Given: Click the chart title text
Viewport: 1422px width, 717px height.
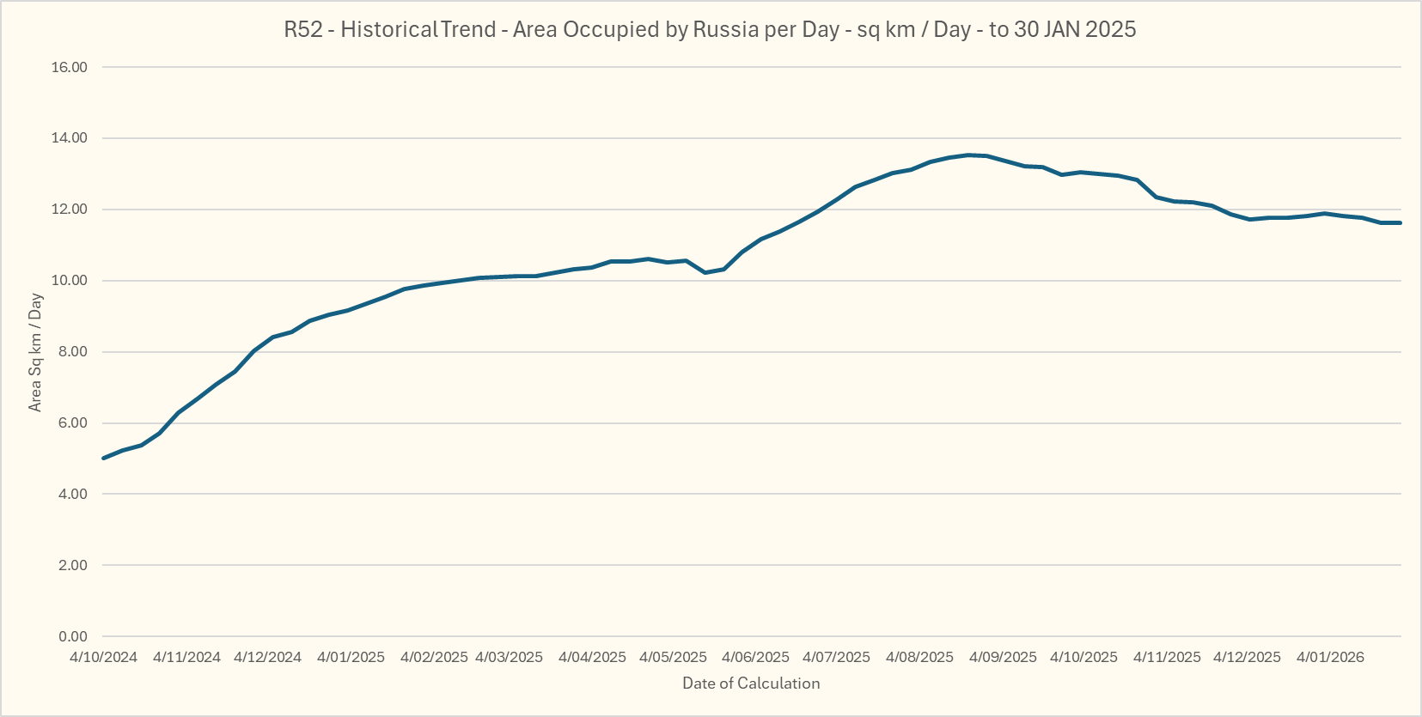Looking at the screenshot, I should [x=710, y=29].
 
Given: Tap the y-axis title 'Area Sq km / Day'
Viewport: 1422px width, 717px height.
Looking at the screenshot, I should [x=35, y=352].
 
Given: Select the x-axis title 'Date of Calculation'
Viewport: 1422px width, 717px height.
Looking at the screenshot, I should [x=751, y=684].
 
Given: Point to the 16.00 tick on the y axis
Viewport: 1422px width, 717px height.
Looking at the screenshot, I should [x=70, y=67].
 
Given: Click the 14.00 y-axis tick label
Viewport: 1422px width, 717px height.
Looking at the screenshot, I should [x=70, y=138].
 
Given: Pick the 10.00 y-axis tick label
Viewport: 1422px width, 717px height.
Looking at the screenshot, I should [x=70, y=281].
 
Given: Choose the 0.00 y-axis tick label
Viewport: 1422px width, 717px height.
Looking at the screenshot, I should [x=72, y=636].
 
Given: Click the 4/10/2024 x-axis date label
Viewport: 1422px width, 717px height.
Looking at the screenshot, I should [x=103, y=658].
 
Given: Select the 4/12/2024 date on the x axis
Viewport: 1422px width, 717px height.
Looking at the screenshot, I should [x=267, y=658].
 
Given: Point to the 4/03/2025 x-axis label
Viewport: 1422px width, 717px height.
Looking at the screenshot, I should [x=509, y=658].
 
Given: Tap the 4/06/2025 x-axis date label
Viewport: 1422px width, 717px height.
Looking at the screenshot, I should [x=755, y=658].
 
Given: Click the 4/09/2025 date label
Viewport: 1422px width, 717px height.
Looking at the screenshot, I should [x=1003, y=658].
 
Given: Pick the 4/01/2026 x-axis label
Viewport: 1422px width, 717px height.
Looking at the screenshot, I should [x=1330, y=658].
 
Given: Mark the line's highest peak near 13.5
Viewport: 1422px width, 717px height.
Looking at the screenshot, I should [x=968, y=155].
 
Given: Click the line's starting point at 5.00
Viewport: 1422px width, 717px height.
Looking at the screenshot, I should [x=104, y=458].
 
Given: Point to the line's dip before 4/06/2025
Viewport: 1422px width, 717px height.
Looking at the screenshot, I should [x=705, y=272].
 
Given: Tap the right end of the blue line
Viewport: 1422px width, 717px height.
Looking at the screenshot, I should [x=1400, y=223].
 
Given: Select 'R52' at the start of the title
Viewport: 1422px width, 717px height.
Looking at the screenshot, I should [x=302, y=29].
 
